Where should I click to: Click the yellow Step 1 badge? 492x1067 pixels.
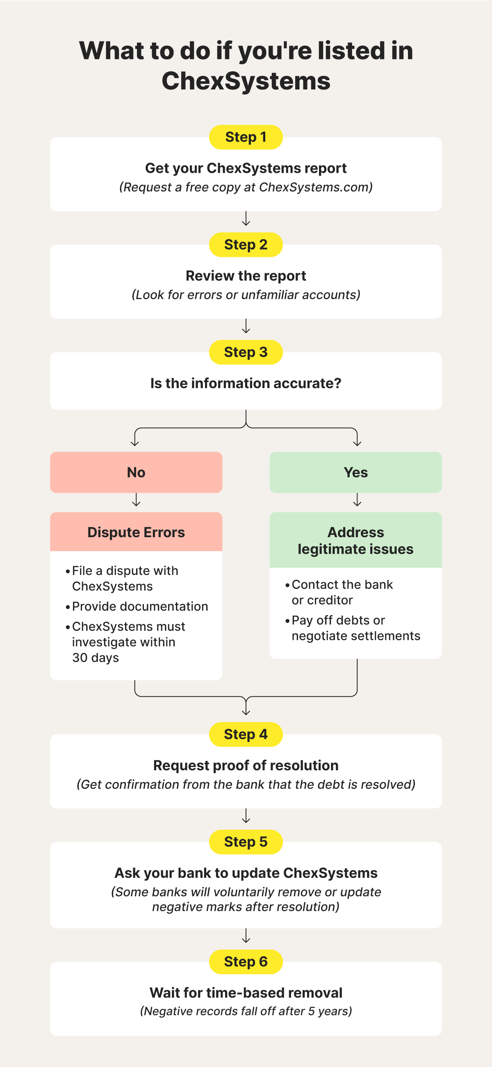tap(246, 137)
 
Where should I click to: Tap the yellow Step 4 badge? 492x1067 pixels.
tap(246, 734)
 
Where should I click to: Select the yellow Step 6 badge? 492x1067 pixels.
tap(246, 962)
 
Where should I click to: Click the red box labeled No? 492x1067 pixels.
tap(136, 472)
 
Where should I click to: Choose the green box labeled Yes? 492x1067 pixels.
tap(355, 472)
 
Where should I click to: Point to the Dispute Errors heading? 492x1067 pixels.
tap(136, 532)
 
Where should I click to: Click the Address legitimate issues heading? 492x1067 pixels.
tap(355, 540)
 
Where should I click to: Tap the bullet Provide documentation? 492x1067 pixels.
tap(140, 607)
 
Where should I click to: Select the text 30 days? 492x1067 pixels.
tap(96, 658)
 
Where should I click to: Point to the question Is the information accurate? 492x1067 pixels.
tap(246, 383)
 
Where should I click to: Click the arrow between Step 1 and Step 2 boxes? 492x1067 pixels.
tap(246, 219)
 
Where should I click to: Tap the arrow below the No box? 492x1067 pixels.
tap(136, 500)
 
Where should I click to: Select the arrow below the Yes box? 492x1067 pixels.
tap(357, 500)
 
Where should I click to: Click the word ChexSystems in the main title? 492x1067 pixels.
tap(246, 81)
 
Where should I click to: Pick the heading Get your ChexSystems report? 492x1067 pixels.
tap(246, 168)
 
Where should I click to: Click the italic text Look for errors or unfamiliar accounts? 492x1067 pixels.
tap(246, 295)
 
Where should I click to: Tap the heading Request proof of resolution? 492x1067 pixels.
tap(246, 765)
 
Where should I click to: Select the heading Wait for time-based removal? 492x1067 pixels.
tap(246, 993)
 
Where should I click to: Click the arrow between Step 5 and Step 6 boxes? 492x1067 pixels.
tap(246, 936)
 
